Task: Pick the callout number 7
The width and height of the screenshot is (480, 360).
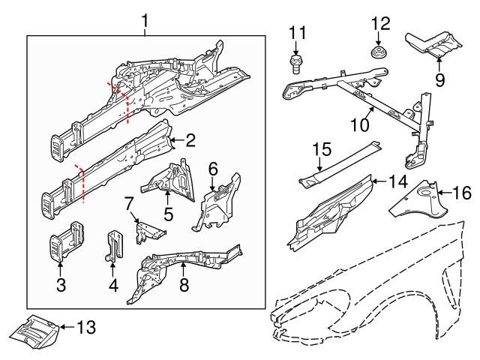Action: pos(128,202)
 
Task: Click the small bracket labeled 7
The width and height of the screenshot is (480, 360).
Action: pos(148,232)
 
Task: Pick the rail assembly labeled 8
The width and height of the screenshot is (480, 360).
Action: pos(180,270)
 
